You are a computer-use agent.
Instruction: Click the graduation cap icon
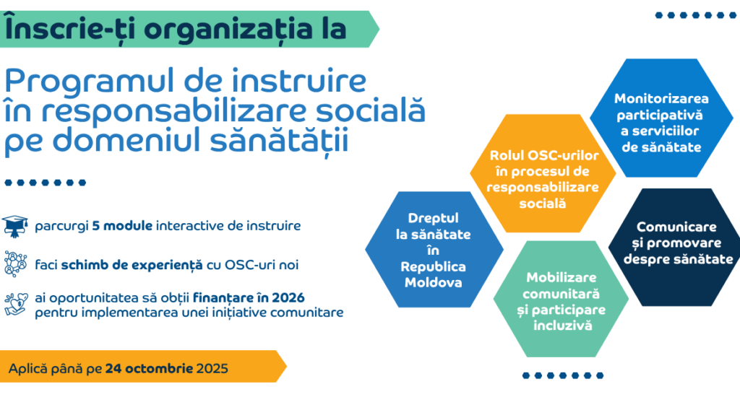pos(14,226)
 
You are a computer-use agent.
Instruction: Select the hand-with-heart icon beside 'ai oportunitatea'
pos(14,303)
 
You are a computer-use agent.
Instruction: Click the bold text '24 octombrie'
pos(149,368)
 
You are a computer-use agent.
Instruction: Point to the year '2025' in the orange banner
pos(212,368)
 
